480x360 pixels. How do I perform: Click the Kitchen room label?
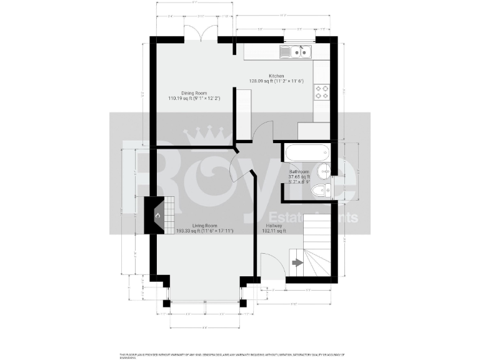(276, 76)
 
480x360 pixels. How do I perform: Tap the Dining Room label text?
(194, 92)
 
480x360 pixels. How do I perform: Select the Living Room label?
(204, 225)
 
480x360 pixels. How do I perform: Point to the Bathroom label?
(299, 172)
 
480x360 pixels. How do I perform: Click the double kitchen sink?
(295, 52)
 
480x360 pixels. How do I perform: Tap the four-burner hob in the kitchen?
(321, 92)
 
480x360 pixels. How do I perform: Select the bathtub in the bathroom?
(306, 152)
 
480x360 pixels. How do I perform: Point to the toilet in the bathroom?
(321, 191)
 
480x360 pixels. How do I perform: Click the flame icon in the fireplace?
(158, 216)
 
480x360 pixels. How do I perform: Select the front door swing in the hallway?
(269, 266)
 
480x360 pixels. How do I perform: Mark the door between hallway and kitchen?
(263, 132)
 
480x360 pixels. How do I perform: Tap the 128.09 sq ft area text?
(261, 81)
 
